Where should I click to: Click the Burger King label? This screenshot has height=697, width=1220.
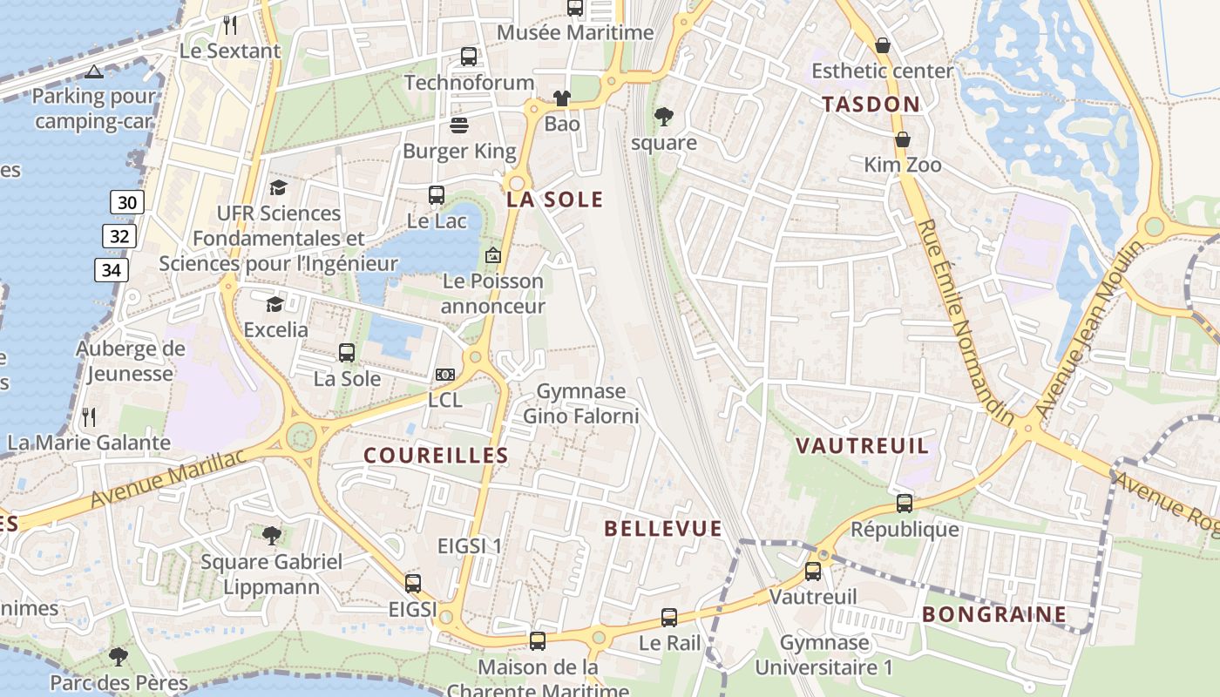click(459, 151)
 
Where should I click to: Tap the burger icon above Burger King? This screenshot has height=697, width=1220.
click(459, 125)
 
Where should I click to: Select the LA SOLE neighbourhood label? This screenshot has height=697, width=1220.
click(555, 200)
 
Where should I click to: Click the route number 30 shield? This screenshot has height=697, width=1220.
click(126, 203)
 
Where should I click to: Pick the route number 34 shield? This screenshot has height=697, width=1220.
click(111, 270)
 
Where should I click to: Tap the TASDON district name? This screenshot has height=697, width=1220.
click(871, 105)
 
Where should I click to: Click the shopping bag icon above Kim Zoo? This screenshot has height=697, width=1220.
click(903, 139)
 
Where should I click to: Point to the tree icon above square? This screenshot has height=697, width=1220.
click(664, 116)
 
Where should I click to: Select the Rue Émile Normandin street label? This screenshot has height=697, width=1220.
click(966, 321)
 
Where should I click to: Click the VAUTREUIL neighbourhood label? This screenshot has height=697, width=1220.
click(862, 446)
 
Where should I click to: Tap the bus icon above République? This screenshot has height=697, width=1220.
click(905, 503)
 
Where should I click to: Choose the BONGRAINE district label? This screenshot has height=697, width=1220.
click(994, 614)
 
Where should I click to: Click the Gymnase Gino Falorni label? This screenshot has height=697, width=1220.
click(580, 403)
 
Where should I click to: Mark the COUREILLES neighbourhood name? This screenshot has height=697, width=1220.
click(436, 455)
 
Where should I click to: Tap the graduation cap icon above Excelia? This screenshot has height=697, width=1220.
click(275, 304)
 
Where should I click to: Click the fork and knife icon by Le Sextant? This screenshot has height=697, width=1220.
click(230, 24)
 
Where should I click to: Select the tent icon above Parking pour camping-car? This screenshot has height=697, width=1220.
click(94, 71)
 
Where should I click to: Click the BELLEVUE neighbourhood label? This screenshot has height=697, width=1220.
click(662, 528)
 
